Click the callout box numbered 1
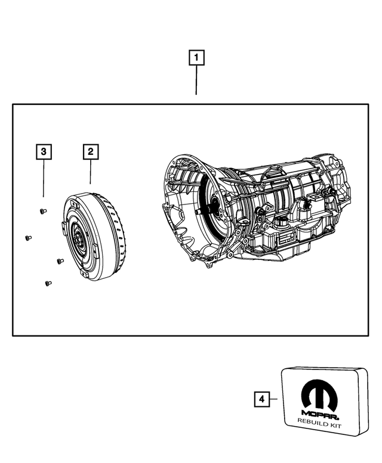coord(197,58)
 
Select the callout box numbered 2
coord(90,152)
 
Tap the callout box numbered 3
coord(43,152)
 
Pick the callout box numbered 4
coord(261,399)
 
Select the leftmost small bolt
coord(27,238)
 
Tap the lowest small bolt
coord(48,284)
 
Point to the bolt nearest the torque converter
coord(59,260)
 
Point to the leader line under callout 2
coord(90,172)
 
